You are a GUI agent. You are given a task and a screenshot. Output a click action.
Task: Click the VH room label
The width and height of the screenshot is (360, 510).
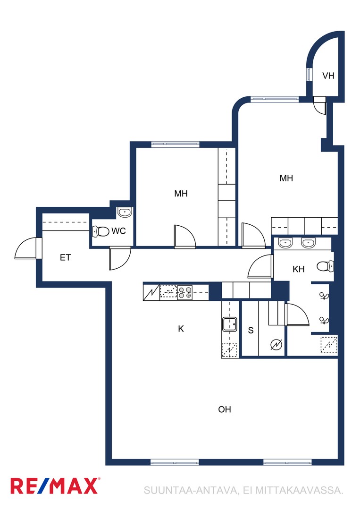328,76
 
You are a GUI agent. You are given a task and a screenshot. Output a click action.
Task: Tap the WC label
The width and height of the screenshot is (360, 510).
118,231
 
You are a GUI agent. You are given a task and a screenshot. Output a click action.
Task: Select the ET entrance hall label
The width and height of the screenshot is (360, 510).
65,258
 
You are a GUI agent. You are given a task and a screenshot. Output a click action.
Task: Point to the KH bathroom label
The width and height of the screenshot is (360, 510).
299,269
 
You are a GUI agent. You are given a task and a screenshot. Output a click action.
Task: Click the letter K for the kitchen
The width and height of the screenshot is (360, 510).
181,329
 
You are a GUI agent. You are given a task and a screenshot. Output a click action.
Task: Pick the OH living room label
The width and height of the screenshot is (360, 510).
225,409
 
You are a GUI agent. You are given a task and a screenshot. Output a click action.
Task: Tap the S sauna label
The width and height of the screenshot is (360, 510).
251,331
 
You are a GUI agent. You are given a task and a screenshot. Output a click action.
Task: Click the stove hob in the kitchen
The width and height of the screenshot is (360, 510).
184,292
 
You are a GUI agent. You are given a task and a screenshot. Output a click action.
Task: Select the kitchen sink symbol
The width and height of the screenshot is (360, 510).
229,324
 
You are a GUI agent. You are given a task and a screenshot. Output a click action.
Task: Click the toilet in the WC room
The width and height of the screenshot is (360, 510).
100,232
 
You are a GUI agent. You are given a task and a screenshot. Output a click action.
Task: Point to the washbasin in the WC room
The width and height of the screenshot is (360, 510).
125,212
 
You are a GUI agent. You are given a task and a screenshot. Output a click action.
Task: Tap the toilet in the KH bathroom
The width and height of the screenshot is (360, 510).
325,266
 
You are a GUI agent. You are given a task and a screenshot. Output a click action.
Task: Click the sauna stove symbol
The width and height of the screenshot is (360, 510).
276,344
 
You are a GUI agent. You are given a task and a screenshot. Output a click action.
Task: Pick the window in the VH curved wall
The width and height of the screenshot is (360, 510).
309,75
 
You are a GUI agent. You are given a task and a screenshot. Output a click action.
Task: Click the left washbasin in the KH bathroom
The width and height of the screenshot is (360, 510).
285,243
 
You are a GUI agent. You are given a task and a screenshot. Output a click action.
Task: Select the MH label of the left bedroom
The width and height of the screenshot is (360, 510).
181,194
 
